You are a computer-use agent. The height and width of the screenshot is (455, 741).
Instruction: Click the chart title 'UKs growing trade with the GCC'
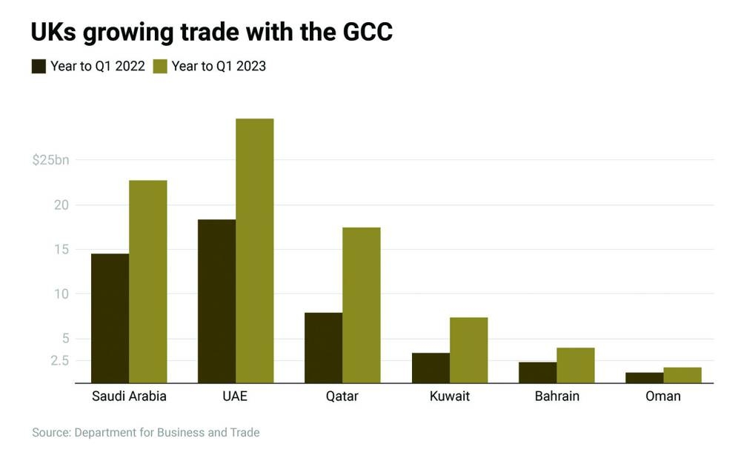(x=211, y=32)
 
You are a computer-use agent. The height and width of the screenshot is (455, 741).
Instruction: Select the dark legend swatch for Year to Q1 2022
(x=39, y=66)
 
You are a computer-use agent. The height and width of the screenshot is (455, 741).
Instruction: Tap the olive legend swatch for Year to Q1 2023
(x=160, y=66)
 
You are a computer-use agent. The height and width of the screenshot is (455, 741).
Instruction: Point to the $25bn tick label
(x=50, y=160)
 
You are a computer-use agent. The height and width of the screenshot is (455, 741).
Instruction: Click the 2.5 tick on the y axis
(x=59, y=361)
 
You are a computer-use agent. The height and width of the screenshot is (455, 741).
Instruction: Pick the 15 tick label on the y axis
(x=61, y=250)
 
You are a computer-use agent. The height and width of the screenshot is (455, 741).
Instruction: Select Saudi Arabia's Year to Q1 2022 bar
(x=110, y=319)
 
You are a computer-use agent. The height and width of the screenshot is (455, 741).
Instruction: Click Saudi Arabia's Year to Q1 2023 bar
(x=148, y=282)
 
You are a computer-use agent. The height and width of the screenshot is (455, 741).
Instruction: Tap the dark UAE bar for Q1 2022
(x=216, y=301)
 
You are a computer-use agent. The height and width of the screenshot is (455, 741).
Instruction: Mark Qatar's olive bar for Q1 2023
(x=362, y=305)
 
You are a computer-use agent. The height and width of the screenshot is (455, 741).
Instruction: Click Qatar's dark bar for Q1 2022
(x=323, y=348)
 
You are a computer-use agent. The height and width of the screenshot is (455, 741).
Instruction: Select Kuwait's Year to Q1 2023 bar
(x=468, y=350)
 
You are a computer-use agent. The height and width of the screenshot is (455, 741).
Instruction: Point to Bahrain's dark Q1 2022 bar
(x=537, y=372)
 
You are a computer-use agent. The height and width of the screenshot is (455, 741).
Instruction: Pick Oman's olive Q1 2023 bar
(x=682, y=375)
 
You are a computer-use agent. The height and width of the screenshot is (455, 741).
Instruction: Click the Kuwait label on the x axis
(x=450, y=396)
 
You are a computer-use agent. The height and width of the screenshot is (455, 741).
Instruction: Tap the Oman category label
(x=663, y=396)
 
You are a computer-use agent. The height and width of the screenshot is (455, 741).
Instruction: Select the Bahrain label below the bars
(x=557, y=396)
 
